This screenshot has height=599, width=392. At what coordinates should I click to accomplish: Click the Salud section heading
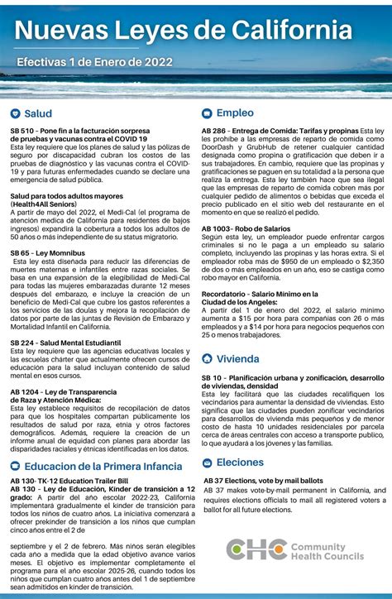[38, 113]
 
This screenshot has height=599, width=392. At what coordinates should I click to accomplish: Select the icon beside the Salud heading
[15, 113]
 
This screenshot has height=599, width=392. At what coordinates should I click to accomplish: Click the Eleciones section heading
[240, 462]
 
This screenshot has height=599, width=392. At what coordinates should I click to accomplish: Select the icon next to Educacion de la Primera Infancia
[15, 467]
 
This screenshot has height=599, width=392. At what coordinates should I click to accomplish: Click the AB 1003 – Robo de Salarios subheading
[246, 228]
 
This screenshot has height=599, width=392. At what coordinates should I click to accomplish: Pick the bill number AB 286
[214, 131]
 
